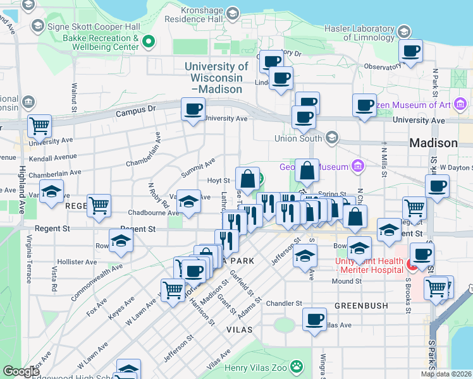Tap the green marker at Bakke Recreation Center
coord(149,43)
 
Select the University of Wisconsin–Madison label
coord(216,78)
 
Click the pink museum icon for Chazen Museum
coord(461,104)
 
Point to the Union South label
coord(298,138)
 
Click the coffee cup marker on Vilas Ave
coord(314,320)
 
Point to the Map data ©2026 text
coord(446,374)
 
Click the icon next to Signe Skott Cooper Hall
coord(37,26)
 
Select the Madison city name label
coord(433,143)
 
